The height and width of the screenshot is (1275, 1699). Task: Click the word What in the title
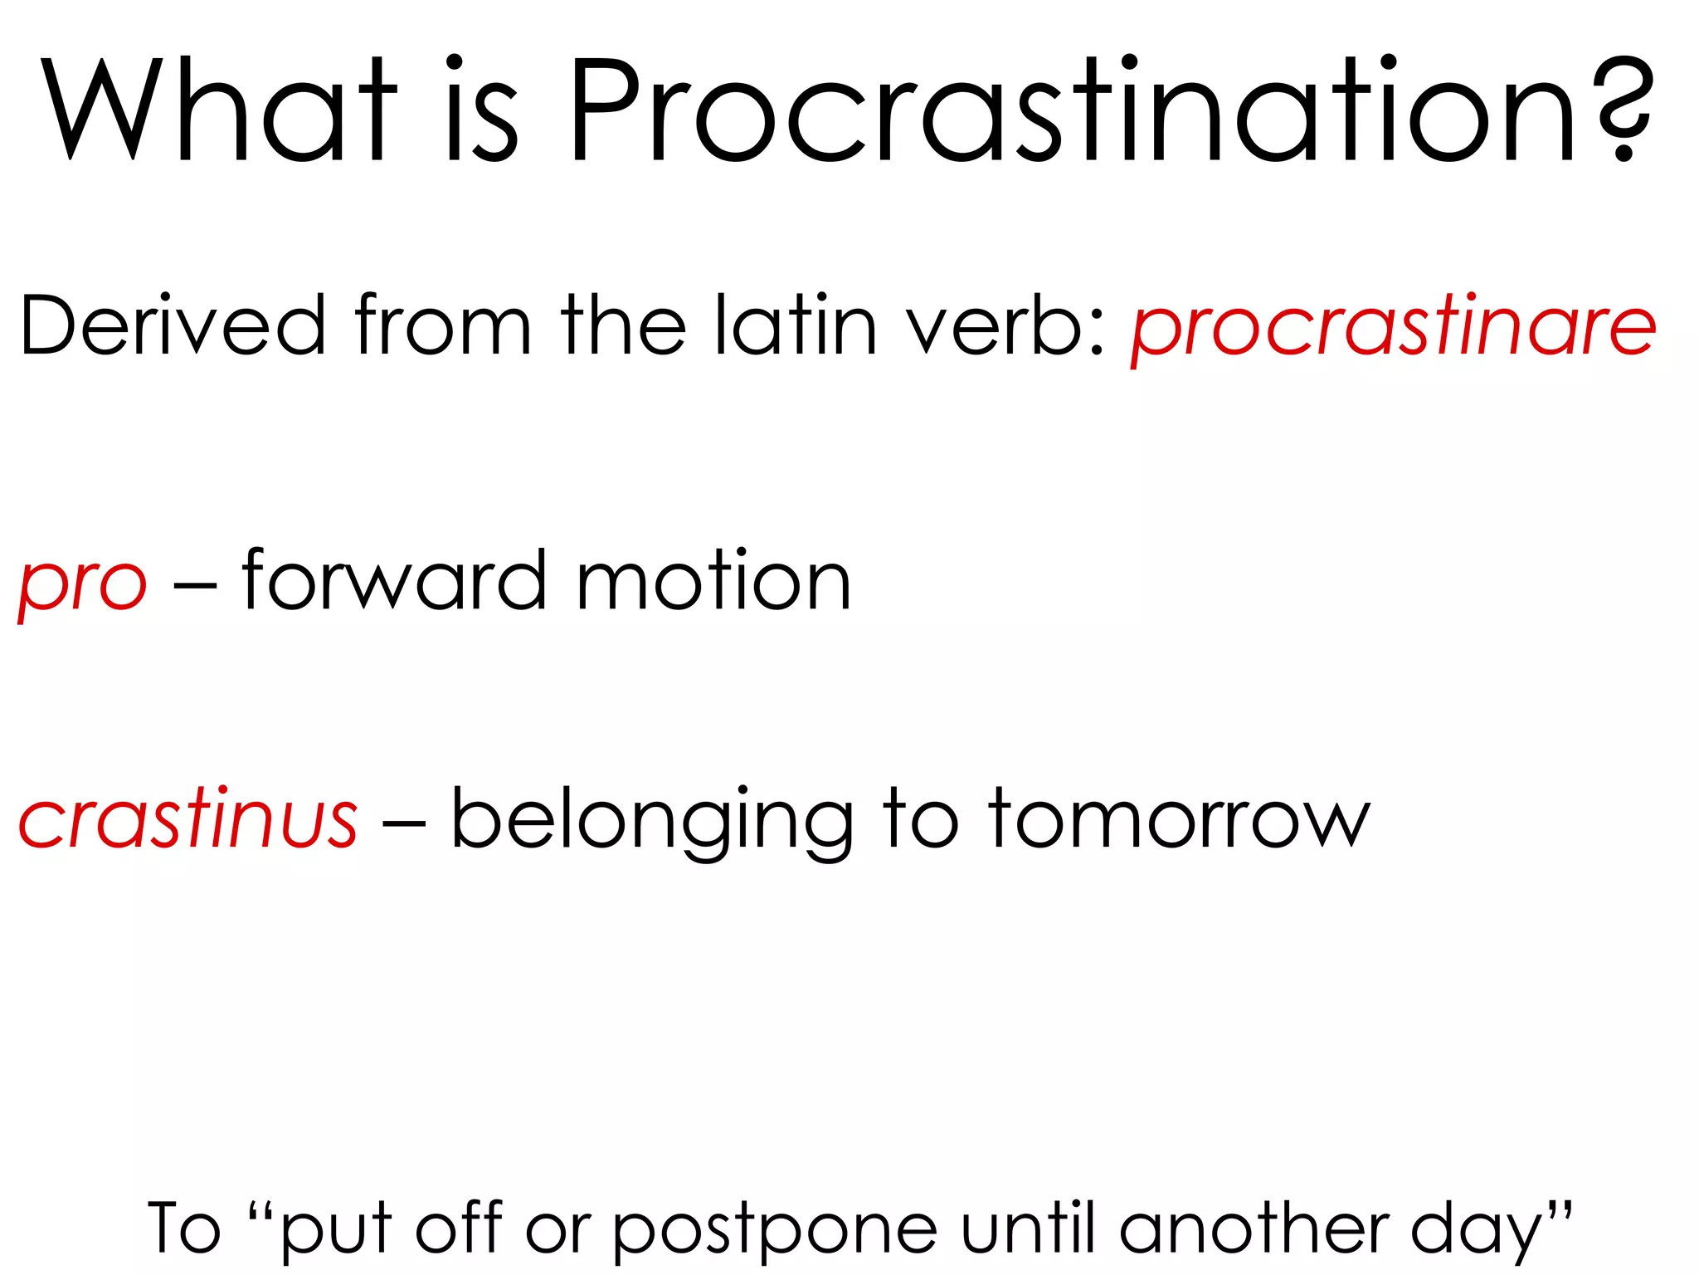(220, 110)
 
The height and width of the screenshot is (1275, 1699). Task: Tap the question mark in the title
(1624, 108)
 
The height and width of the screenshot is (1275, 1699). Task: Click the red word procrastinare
(1394, 327)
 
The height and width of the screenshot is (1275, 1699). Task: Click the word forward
(395, 581)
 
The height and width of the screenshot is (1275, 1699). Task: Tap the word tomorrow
(1179, 820)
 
